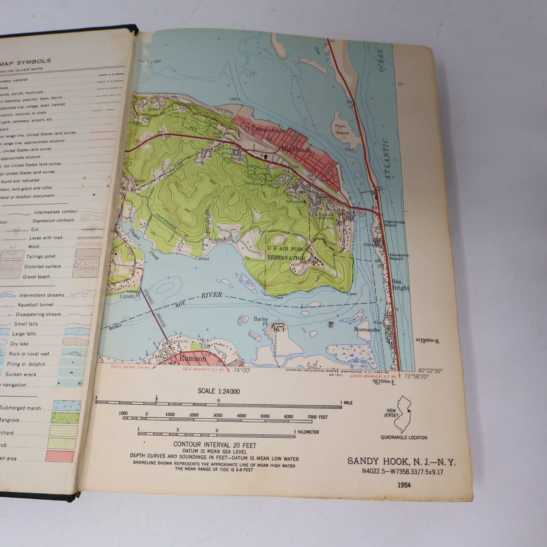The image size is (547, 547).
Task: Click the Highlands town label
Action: coord(296,150)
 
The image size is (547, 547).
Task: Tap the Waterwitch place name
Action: coord(269,129)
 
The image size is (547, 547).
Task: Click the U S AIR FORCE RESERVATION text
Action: coord(286,253)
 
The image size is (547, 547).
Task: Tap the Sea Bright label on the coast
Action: coord(401,285)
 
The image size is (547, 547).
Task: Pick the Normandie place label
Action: coord(366,329)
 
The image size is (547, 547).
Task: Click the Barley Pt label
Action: coord(261,321)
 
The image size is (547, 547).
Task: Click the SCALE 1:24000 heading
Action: coord(219,391)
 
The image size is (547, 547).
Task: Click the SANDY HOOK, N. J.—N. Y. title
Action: coord(402,462)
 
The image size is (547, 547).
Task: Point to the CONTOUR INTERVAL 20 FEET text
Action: coord(215,445)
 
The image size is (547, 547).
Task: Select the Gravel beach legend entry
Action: coord(36,277)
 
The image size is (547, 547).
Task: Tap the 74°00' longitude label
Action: coord(242,371)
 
